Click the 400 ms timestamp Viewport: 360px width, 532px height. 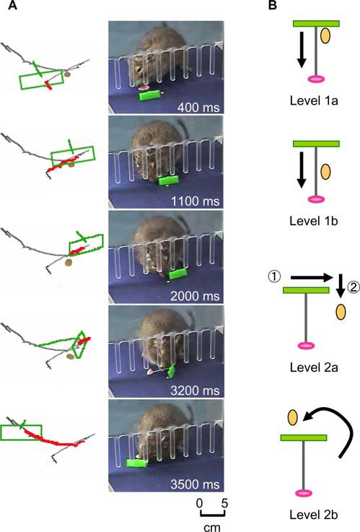tap(198, 108)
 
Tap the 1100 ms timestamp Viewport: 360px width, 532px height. tap(196, 201)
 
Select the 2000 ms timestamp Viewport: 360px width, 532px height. tap(195, 296)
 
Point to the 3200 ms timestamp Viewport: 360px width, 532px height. tap(195, 391)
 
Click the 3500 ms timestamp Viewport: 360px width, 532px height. tap(195, 484)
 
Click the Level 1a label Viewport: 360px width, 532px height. tap(314, 101)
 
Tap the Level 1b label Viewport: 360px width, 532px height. tap(314, 221)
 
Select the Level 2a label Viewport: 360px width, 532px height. tap(314, 367)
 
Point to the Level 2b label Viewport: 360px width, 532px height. tap(314, 515)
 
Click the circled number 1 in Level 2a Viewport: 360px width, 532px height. tap(275, 277)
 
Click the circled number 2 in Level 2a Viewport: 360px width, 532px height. tap(354, 288)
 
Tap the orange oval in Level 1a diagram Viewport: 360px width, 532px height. tap(325, 35)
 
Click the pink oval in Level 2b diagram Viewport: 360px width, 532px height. tap(304, 493)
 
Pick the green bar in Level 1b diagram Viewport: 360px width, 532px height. tap(316, 144)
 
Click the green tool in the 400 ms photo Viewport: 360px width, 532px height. tap(149, 95)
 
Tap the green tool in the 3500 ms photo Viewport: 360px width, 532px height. tap(136, 463)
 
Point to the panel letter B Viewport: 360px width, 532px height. tap(273, 5)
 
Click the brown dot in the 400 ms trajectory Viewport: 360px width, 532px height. tap(68, 74)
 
